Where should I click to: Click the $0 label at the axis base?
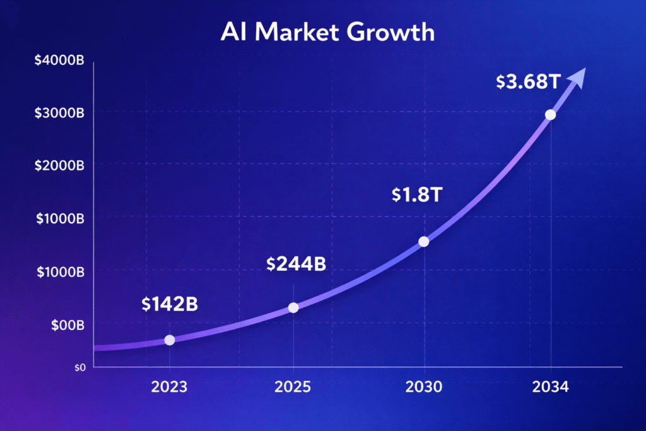pos(79,367)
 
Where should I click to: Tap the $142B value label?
pos(169,304)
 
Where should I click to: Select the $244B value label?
pos(296,264)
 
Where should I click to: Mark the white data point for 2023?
pos(169,340)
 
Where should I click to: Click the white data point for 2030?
pos(424,242)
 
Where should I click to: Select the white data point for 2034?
pos(551,115)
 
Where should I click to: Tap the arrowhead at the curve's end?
pos(578,76)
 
